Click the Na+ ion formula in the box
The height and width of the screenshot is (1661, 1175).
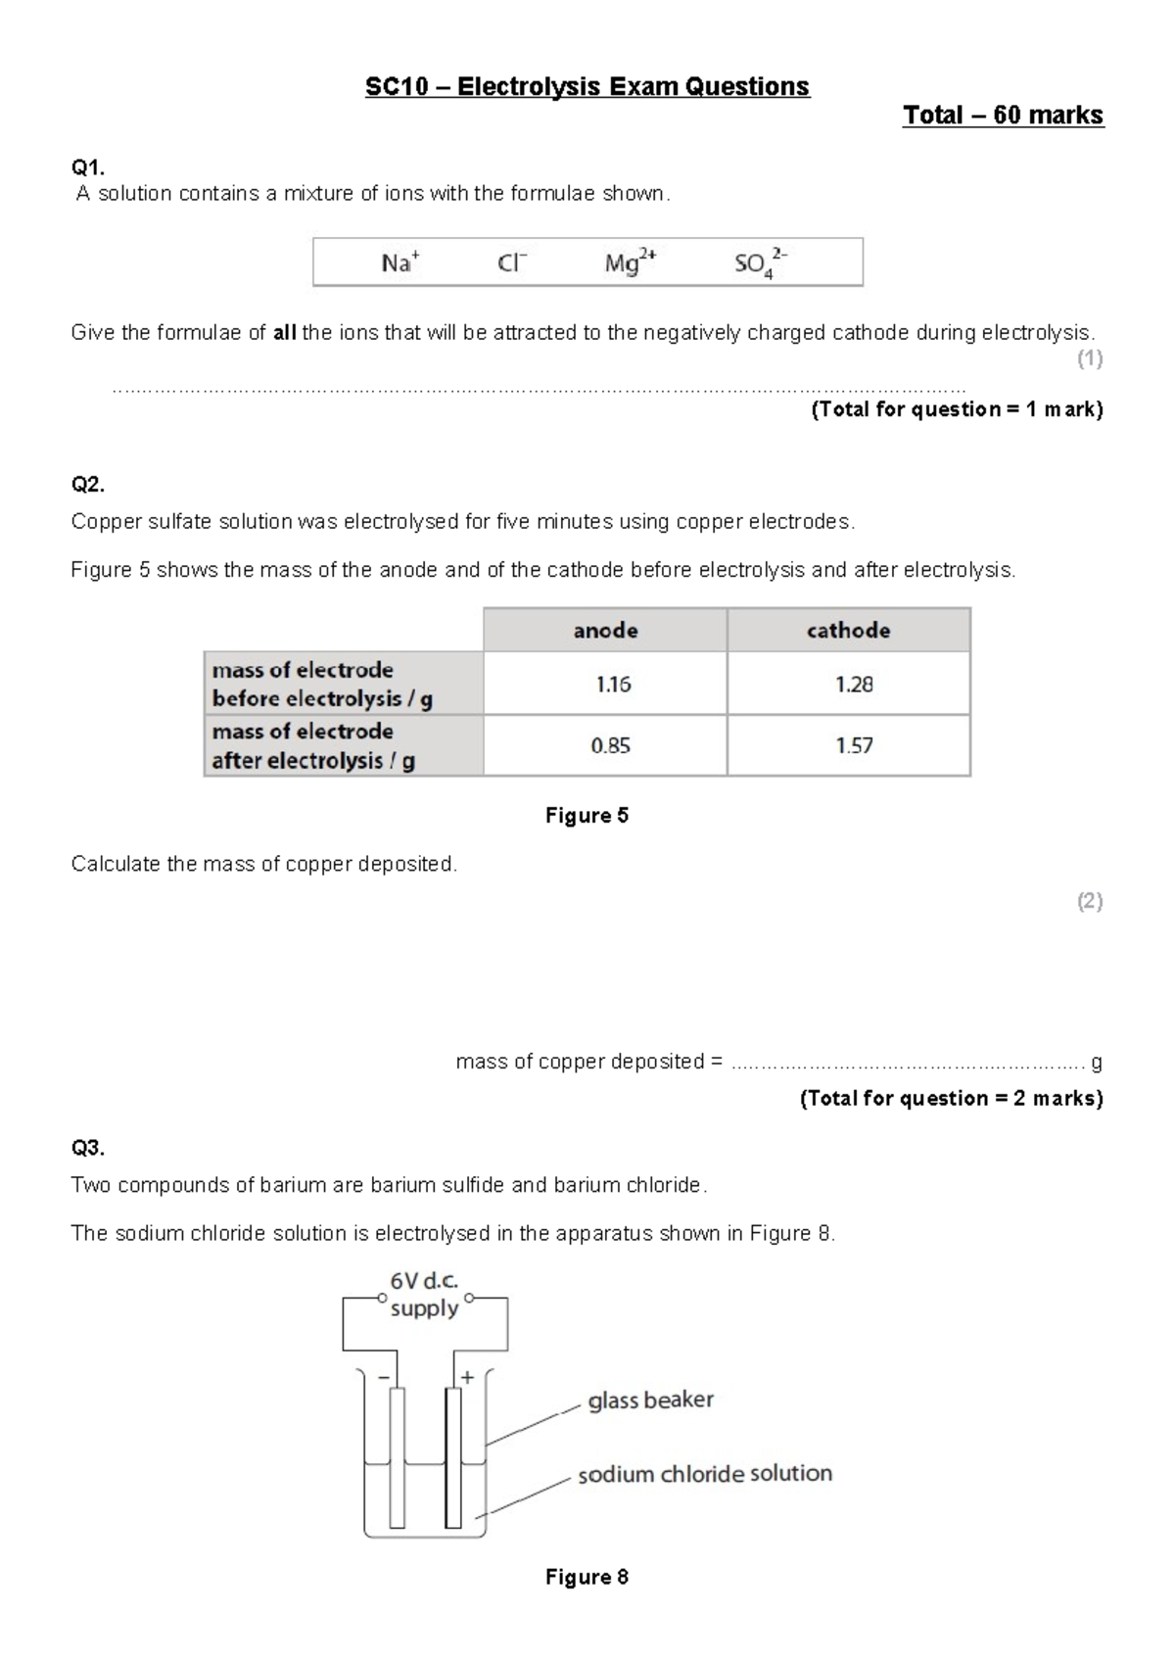pyautogui.click(x=399, y=262)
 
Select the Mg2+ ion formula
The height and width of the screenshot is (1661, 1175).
pyautogui.click(x=630, y=262)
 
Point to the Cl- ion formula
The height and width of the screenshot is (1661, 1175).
pyautogui.click(x=512, y=262)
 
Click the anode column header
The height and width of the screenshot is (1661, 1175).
pyautogui.click(x=605, y=631)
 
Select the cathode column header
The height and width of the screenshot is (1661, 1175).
pyautogui.click(x=848, y=631)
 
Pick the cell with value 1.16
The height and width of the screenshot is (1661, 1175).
pyautogui.click(x=613, y=685)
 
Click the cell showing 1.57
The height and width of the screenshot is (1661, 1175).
pyautogui.click(x=854, y=746)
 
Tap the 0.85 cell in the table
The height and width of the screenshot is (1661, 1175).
pyautogui.click(x=610, y=746)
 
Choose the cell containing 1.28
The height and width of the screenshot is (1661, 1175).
pyautogui.click(x=854, y=685)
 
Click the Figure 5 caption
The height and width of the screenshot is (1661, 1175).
pyautogui.click(x=587, y=816)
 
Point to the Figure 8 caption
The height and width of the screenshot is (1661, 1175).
pyautogui.click(x=587, y=1577)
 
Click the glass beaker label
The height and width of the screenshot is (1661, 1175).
pyautogui.click(x=650, y=1400)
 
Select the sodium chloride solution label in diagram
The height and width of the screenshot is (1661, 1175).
pyautogui.click(x=704, y=1474)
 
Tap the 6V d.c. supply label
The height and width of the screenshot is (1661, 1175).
pyautogui.click(x=424, y=1295)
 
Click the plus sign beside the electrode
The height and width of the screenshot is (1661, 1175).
pyautogui.click(x=468, y=1377)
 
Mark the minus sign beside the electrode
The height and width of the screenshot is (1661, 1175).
pyautogui.click(x=383, y=1377)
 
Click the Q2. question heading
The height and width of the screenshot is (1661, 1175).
pyautogui.click(x=87, y=485)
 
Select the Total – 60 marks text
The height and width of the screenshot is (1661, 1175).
pyautogui.click(x=1003, y=116)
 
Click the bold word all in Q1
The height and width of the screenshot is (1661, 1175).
pyautogui.click(x=284, y=333)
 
